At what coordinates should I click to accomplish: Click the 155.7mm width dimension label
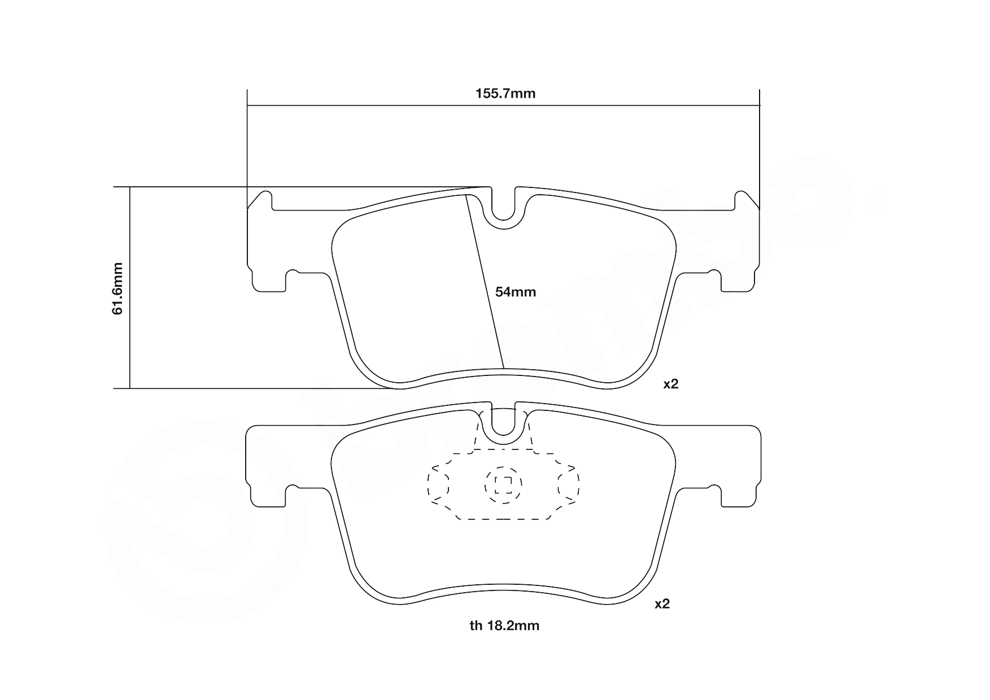click(x=505, y=94)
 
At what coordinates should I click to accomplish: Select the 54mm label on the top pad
click(x=516, y=292)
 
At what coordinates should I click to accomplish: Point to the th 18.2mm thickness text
click(x=504, y=625)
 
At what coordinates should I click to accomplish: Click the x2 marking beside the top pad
click(x=670, y=384)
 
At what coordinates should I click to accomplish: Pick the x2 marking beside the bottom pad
click(x=662, y=604)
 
